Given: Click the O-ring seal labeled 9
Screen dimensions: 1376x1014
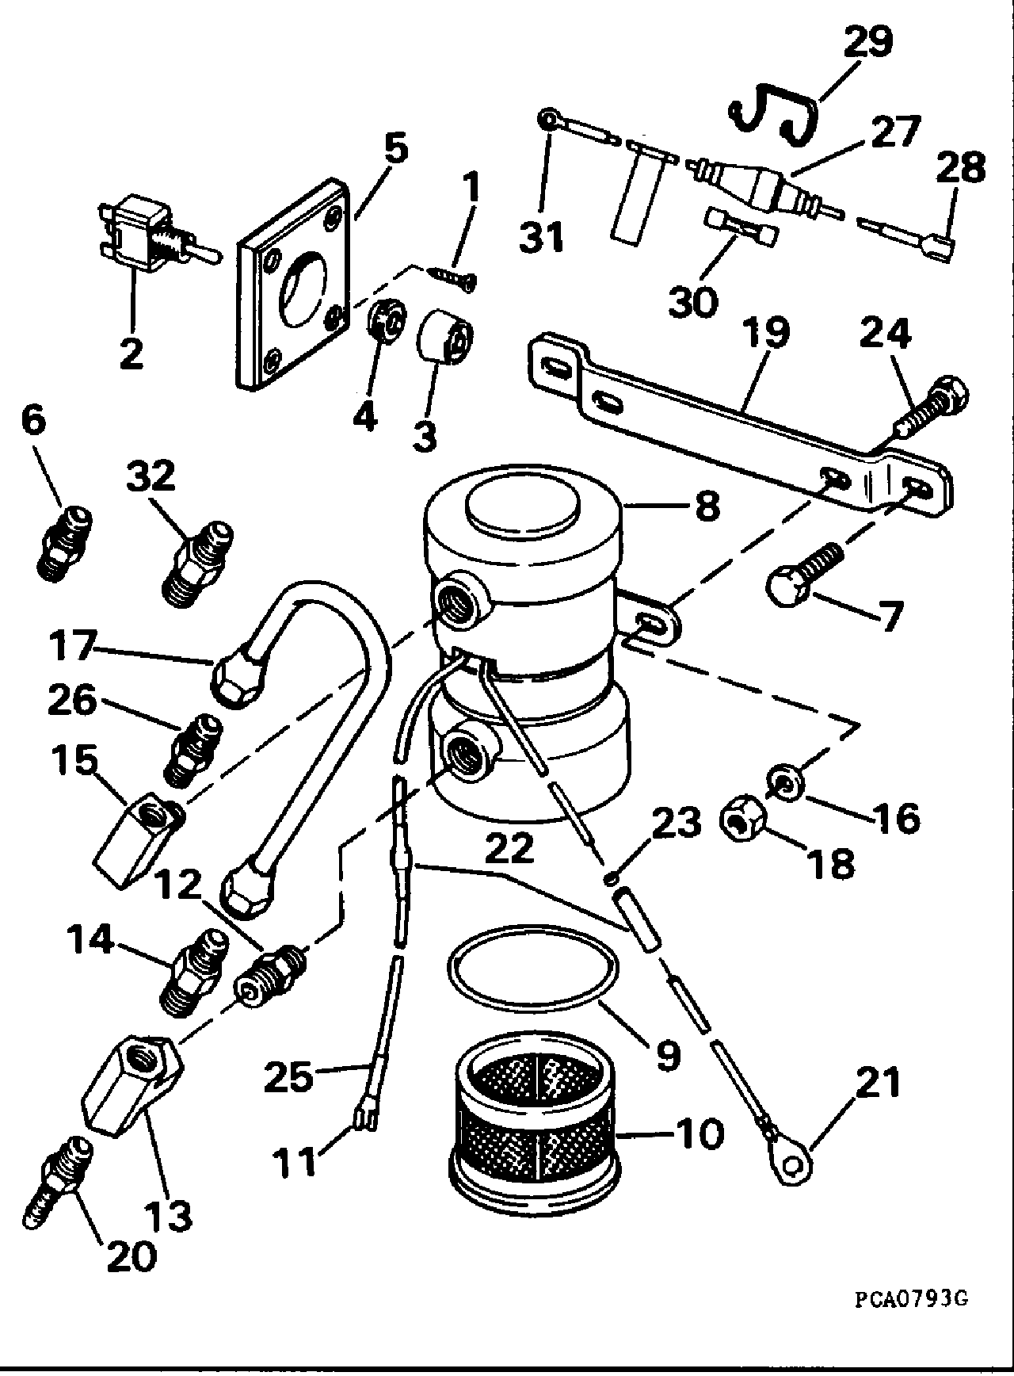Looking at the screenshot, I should tap(532, 968).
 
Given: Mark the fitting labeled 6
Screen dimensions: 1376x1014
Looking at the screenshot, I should tap(65, 546).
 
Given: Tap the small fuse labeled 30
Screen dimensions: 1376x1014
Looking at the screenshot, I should tap(743, 227).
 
